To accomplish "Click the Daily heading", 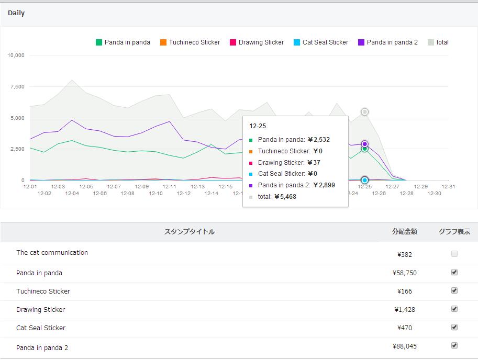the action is pos(16,13).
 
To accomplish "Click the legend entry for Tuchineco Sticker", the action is pos(190,42).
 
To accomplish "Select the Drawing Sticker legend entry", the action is pos(257,42).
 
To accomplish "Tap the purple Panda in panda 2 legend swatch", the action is pos(361,42).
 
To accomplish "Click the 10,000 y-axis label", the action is pos(16,55).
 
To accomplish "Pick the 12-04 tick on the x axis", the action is pos(72,194).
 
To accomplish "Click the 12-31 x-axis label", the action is pos(448,186).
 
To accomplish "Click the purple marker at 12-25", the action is pos(364,144).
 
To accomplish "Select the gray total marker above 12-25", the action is pos(364,112).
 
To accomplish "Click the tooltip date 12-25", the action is pos(258,126).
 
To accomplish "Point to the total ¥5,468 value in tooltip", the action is pos(277,197).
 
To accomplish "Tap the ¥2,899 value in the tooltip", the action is pos(324,185).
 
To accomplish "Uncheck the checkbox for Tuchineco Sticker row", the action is pos(454,290).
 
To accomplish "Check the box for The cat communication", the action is pos(454,254).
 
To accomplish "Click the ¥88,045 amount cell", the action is pos(405,346).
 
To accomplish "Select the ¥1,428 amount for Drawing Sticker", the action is pos(405,310).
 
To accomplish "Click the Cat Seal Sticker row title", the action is pos(41,328).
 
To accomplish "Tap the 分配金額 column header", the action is pos(405,232).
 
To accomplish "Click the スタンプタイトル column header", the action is pos(190,232).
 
